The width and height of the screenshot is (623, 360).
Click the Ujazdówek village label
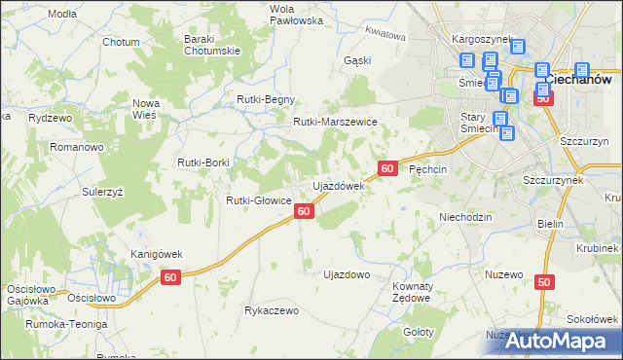tap(337, 185)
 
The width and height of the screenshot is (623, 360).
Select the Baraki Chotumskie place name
tap(211, 45)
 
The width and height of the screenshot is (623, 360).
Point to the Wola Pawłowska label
tap(296, 14)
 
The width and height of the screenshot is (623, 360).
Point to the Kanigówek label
tap(157, 254)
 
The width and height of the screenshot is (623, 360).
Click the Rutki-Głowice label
tap(259, 200)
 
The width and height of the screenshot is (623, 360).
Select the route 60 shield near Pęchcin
tap(387, 168)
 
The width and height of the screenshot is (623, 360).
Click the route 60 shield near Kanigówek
tap(171, 278)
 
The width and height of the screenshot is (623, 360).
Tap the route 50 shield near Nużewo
tap(543, 282)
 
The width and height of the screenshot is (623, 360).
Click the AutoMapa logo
tap(552, 341)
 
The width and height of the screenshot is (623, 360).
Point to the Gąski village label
tap(358, 60)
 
